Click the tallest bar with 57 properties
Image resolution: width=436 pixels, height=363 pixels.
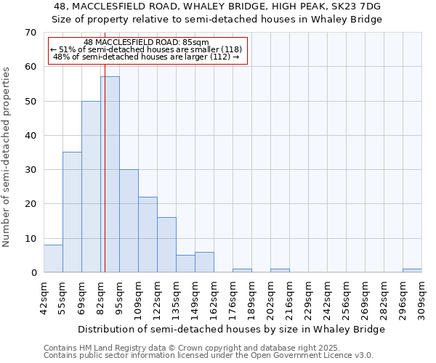[x=110, y=174]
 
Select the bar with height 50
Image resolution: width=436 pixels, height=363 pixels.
[x=91, y=187]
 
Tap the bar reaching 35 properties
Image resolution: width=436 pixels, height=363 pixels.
[x=72, y=212]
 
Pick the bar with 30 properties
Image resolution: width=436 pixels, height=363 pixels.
[x=129, y=221]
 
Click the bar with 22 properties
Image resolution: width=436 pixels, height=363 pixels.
[x=148, y=234]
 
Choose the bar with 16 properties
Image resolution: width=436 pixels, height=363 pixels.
[x=166, y=245]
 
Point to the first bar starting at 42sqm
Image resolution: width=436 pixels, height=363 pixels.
[x=53, y=258]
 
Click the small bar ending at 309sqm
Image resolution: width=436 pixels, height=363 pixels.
[x=412, y=270]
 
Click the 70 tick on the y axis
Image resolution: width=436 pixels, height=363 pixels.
[x=31, y=33]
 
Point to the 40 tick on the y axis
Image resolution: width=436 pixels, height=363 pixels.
[x=31, y=136]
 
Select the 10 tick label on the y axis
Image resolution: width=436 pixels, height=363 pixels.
[x=31, y=238]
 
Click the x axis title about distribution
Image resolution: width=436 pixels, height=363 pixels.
[x=232, y=329]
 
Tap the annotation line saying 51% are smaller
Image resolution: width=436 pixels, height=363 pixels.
[x=148, y=49]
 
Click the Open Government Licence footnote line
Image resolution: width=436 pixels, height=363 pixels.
[x=209, y=356]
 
